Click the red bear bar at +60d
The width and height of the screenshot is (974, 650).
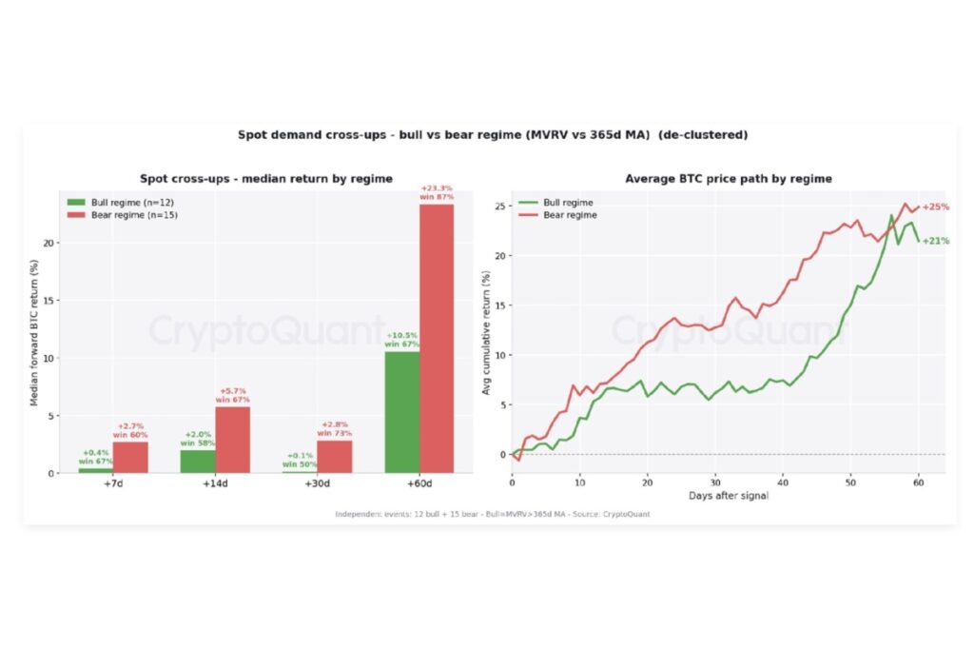coord(437,339)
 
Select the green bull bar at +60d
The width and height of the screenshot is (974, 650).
coord(402,413)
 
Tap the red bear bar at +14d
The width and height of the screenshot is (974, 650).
coord(233,440)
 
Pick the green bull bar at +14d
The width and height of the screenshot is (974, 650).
coord(198,462)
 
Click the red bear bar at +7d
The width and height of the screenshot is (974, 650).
coord(130,458)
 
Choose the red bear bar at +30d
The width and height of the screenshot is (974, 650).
coord(335,457)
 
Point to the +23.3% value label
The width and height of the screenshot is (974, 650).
coord(437,188)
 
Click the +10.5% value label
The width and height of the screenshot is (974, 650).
coord(402,336)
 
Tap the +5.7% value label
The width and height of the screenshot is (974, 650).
coord(233,391)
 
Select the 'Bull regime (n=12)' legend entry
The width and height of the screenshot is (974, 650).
coord(121,203)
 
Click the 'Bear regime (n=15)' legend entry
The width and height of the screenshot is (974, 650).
coord(123,215)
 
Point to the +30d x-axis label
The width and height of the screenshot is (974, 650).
coord(317,483)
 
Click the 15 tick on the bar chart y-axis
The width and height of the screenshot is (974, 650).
coord(49,300)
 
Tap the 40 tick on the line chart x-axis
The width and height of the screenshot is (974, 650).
coord(783,483)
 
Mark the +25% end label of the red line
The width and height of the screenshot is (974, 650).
coord(936,207)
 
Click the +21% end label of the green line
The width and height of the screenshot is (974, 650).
coord(936,241)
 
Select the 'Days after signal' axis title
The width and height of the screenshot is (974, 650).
coord(729,496)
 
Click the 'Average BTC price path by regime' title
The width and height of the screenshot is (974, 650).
coord(729,179)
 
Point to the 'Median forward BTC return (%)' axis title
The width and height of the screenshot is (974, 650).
coord(34,332)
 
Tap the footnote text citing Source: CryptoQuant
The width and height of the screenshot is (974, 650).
coord(493,514)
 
